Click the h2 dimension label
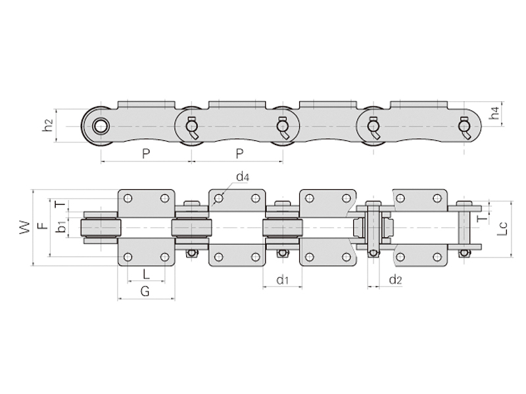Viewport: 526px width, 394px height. pos(49,125)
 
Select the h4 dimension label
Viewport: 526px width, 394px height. pos(494,112)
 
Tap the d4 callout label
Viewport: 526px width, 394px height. pos(243,177)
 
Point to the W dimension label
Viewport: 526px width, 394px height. pos(24,227)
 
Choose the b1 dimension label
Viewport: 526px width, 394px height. pos(61,227)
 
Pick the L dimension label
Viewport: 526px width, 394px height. pos(146,274)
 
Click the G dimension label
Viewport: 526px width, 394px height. pos(145,292)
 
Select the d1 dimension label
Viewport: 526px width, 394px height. pos(283,280)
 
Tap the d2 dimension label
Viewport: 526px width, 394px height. pos(395,280)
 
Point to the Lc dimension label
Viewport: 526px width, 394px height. pos(502,228)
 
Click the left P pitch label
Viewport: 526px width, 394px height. pos(146,154)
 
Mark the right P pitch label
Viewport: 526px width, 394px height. pos(239,154)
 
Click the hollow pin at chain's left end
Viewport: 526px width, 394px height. pos(101,126)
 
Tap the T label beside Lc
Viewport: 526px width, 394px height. pos(483,219)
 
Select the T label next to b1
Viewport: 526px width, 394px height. pos(61,204)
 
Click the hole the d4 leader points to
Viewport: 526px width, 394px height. pos(218,199)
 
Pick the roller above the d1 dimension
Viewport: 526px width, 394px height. pos(283,228)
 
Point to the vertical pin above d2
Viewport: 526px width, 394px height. pos(373,229)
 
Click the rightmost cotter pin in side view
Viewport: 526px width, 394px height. pos(466,127)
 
